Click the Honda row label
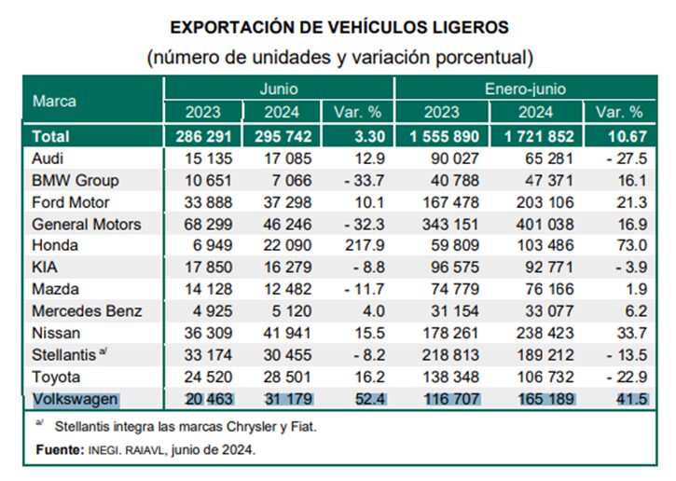[55, 245]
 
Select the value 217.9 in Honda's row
[365, 245]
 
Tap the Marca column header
[54, 101]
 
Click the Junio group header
[279, 89]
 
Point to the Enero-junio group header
[525, 89]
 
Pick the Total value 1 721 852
[539, 137]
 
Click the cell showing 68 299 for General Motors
[208, 224]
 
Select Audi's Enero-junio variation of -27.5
[627, 158]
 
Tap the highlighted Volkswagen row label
[75, 399]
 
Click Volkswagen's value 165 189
[546, 399]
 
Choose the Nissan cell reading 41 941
[287, 333]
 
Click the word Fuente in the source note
[61, 450]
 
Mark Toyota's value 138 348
[451, 378]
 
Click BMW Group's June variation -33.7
[365, 181]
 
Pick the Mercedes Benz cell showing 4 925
[213, 311]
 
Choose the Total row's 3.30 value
[370, 137]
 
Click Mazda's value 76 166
[550, 289]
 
